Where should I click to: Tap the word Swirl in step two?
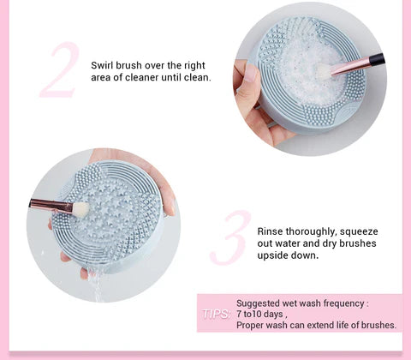105,64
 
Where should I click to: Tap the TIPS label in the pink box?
214,315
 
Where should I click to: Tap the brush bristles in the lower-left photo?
80,208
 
